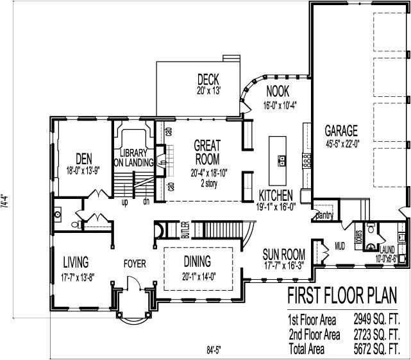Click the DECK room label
pos(209,79)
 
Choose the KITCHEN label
pos(276,195)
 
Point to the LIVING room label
pos(76,261)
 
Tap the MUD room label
pos(340,244)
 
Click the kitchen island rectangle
pos(279,159)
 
